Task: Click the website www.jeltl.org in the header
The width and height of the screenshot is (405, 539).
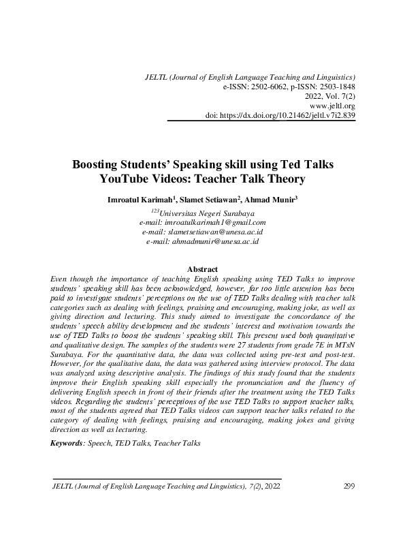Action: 332,106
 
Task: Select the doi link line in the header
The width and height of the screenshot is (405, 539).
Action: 280,116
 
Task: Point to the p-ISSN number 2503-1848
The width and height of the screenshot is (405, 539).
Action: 334,87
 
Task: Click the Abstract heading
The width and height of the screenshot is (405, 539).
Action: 202,269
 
